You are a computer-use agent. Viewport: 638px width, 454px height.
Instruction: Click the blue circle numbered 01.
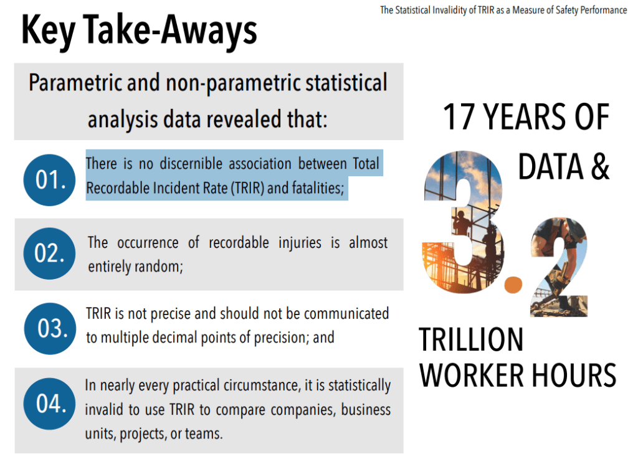point(49,180)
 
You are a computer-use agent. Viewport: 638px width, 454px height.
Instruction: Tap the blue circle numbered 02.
point(49,253)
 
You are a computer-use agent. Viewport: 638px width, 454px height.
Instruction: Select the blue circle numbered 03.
point(50,328)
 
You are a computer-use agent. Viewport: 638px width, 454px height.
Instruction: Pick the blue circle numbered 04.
point(49,404)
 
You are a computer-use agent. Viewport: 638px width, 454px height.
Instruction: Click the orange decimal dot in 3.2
point(513,285)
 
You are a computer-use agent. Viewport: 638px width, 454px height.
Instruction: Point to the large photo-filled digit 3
point(464,222)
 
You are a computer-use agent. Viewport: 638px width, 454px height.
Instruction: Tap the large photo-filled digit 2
point(559,267)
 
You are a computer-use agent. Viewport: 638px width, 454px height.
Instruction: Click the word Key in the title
point(49,31)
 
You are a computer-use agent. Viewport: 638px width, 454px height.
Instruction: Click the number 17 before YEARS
point(458,116)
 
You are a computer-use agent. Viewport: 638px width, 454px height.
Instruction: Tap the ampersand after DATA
point(600,166)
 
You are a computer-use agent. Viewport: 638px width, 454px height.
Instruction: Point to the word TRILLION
point(471,339)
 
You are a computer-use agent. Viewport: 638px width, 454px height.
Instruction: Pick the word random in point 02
point(159,267)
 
